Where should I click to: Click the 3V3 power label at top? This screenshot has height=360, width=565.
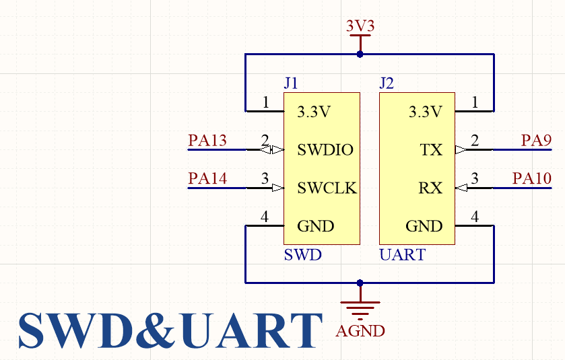coord(360,26)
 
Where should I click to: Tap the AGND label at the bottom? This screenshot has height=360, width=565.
coord(360,331)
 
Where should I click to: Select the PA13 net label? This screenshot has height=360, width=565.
coord(207,141)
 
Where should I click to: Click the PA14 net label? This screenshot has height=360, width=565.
coord(207,178)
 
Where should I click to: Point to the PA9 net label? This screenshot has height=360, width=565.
coord(537,141)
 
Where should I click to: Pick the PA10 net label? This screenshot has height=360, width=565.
coord(532,178)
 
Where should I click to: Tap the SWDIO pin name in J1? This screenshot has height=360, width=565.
coord(325,149)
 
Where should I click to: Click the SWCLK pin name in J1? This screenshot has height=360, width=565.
coord(327,188)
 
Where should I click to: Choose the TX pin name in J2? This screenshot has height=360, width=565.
coord(431,149)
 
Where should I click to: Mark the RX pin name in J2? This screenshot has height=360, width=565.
coord(430,188)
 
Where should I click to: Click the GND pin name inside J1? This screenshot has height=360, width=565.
coord(316,226)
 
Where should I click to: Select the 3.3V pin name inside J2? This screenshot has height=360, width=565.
coord(426,112)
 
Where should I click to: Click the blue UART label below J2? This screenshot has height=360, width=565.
coord(403,255)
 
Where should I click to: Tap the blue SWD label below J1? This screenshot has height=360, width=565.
coord(302,255)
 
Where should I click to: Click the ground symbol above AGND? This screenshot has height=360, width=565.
coord(360,308)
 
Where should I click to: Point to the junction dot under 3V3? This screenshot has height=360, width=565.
coord(360,54)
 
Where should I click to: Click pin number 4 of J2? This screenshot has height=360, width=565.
coord(474,217)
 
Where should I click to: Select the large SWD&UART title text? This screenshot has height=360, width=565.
coord(170,330)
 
